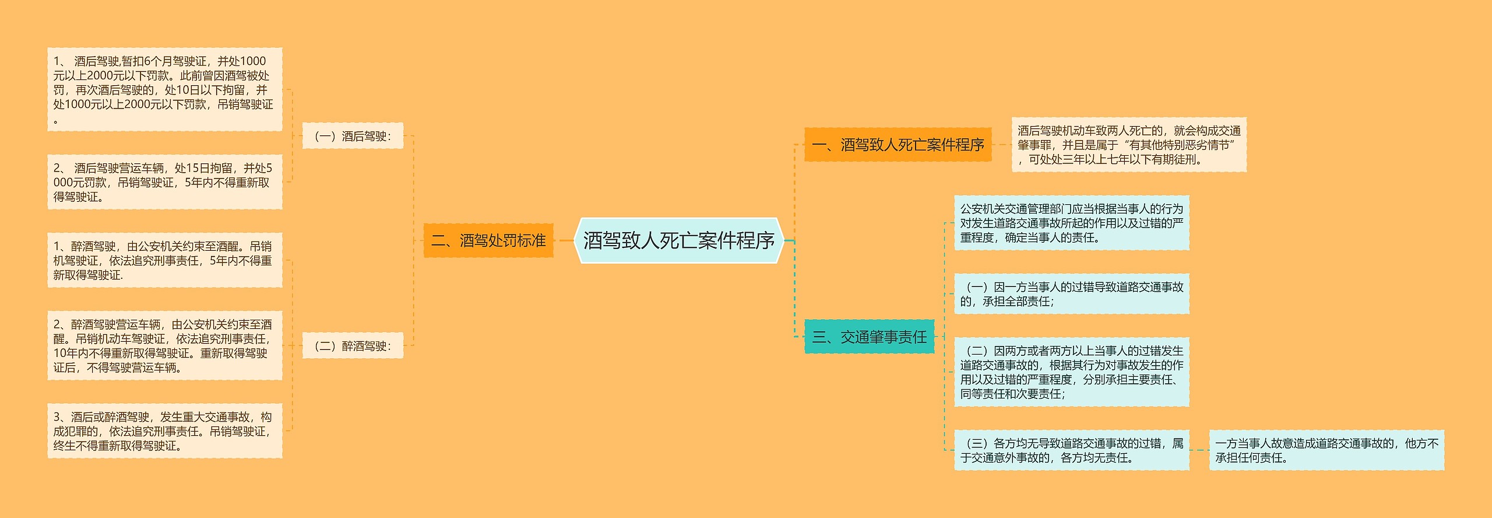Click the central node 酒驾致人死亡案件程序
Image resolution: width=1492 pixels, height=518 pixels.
678,240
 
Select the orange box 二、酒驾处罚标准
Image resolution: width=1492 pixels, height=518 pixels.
488,240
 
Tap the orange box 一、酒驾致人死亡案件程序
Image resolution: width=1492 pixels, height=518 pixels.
898,145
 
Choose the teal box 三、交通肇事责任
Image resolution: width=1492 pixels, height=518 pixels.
869,337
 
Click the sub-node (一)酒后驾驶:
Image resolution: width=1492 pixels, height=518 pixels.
353,136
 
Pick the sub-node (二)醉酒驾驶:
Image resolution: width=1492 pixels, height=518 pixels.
353,346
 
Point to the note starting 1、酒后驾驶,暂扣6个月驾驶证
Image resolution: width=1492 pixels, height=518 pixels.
164,89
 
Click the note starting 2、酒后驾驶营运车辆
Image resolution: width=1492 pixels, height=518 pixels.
164,182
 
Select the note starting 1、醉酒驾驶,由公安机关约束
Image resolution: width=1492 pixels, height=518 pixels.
164,260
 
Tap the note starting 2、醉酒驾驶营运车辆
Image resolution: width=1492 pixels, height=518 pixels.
164,346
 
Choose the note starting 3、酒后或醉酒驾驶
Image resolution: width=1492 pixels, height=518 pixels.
164,431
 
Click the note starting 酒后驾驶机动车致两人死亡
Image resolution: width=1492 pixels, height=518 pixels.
1129,145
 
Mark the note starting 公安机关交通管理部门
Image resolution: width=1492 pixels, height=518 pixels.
1071,223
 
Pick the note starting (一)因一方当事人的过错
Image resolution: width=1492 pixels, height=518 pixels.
1071,294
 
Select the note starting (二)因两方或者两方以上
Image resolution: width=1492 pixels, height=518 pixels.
1071,372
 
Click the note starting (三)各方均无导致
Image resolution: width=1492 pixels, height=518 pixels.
1071,450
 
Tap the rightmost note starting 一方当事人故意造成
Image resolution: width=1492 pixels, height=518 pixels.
1326,450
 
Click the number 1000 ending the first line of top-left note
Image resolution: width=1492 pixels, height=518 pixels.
253,61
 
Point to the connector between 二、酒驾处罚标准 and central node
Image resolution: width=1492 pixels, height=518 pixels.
564,240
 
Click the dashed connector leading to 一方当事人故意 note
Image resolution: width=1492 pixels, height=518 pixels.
1199,450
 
